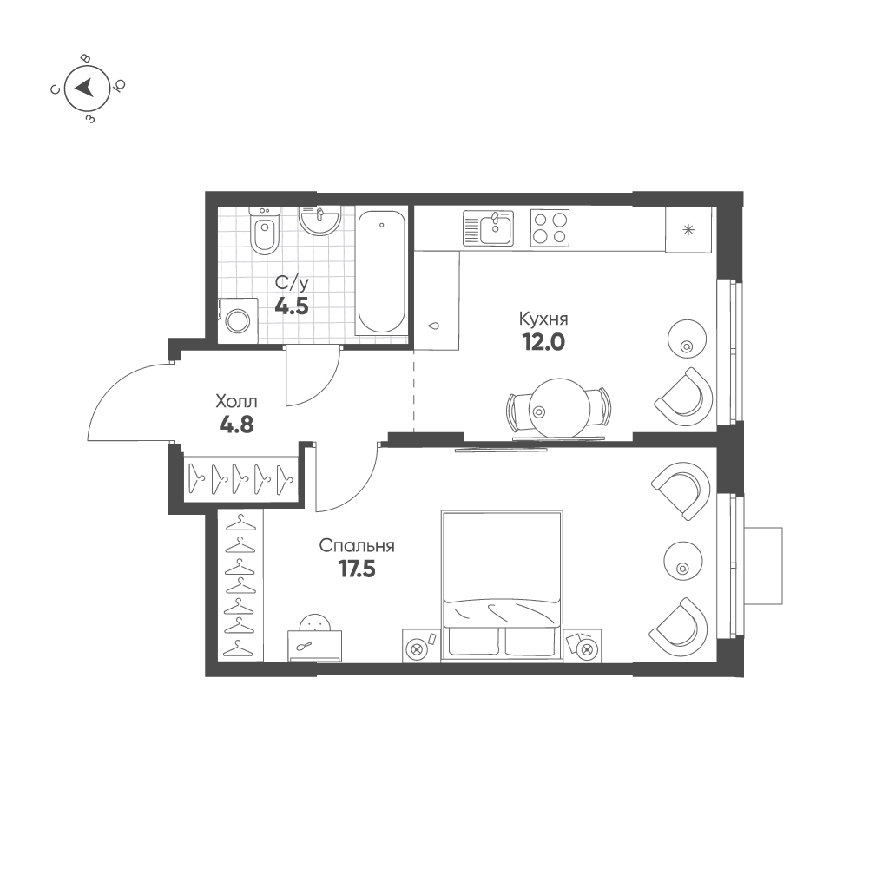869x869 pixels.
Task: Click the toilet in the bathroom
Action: coord(265,230)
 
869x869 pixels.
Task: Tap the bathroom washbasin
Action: coord(319,221)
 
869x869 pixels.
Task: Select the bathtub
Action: coord(381,272)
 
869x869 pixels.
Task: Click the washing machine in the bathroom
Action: coord(238,320)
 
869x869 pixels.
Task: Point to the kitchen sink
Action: coord(488,227)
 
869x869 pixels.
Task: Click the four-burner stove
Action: coord(550,227)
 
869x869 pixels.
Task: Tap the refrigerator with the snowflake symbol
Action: coord(688,229)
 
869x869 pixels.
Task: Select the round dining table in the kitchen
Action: coord(559,408)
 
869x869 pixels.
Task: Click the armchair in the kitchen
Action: coord(684,397)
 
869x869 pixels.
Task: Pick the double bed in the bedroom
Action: coord(502,586)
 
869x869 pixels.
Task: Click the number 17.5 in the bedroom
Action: coord(357,569)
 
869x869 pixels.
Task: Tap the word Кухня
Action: coord(543,319)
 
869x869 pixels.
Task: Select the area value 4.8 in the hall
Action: coord(237,425)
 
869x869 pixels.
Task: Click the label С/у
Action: coord(292,284)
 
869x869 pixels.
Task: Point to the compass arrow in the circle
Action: coord(85,88)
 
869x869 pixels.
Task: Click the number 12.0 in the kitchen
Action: coord(543,343)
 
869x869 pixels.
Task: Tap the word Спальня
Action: coord(357,546)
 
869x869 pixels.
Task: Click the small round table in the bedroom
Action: coord(683,561)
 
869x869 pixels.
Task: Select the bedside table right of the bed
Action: coord(583,645)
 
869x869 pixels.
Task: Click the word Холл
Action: coord(237,401)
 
